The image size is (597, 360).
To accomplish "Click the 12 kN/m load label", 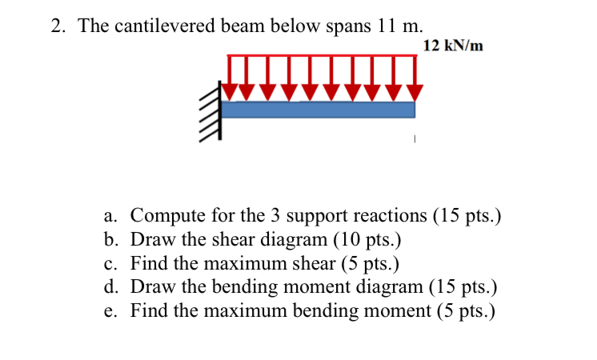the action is tap(453, 46).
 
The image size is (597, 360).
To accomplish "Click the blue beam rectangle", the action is tap(318, 110).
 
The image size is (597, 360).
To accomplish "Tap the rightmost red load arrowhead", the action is tap(415, 93).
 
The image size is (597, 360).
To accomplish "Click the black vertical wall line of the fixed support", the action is tap(220, 110).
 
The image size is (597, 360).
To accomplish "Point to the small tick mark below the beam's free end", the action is tap(415, 139).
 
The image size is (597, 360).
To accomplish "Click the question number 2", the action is tap(56, 26).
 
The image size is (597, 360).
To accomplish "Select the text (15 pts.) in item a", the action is tap(467, 216).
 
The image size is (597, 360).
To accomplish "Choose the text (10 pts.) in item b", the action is tap(367, 240).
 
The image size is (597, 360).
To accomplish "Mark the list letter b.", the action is tap(109, 240).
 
